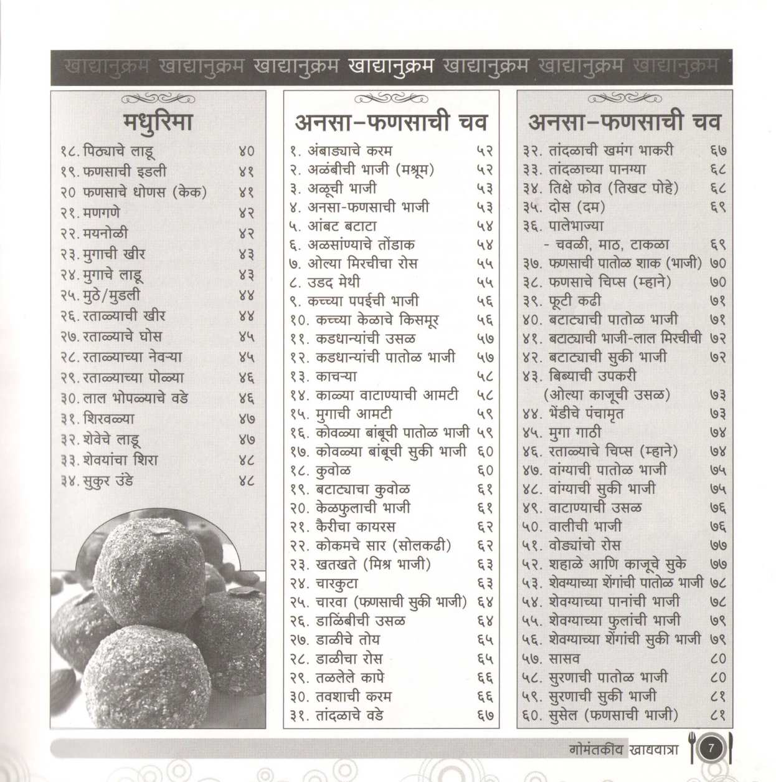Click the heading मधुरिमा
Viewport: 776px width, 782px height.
click(x=158, y=121)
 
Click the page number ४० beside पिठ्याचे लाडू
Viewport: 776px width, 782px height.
click(x=247, y=151)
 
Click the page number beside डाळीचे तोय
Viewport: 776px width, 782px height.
click(x=485, y=640)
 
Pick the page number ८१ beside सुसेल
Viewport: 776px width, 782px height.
click(x=718, y=715)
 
